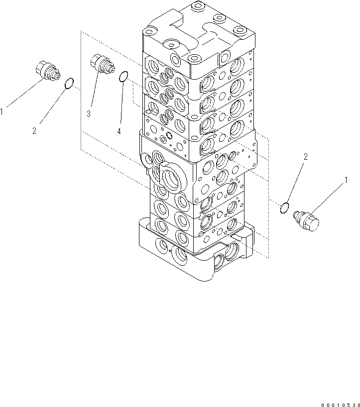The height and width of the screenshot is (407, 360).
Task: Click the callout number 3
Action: [x=88, y=114]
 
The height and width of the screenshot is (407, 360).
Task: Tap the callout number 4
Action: [x=119, y=131]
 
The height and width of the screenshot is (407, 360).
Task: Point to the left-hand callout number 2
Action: [x=34, y=131]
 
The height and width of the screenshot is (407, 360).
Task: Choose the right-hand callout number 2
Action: [x=306, y=157]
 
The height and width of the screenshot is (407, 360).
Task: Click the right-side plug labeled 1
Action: [x=307, y=220]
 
